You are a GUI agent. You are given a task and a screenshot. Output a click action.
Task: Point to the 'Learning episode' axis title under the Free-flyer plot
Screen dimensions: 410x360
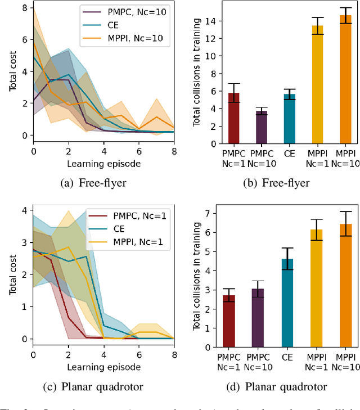click(x=103, y=164)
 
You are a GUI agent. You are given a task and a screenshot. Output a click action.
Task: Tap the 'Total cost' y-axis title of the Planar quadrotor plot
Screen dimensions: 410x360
click(x=12, y=274)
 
